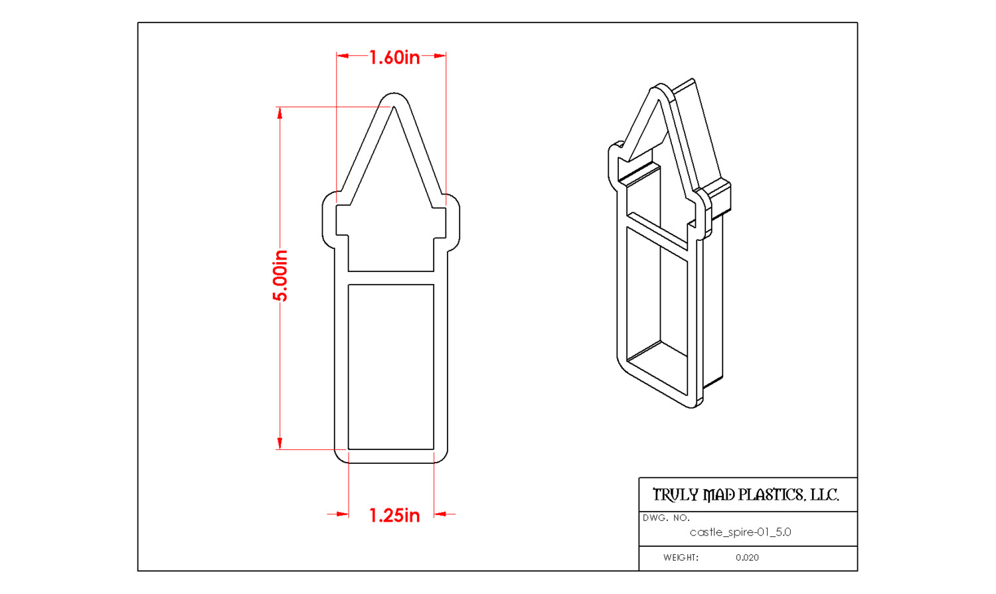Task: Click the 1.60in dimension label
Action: [x=394, y=58]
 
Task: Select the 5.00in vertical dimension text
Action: [x=280, y=275]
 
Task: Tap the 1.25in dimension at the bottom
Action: [x=394, y=516]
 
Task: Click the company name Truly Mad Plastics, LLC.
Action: [x=746, y=495]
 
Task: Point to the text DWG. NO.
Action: [x=666, y=518]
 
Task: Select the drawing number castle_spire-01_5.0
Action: [x=740, y=532]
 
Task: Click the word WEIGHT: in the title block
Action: [x=681, y=557]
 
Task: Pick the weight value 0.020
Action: [x=747, y=557]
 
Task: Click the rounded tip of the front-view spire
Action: [x=394, y=97]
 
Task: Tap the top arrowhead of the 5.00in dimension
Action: [x=280, y=113]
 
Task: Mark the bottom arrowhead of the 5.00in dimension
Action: [x=280, y=443]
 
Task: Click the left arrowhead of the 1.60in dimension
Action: [x=343, y=56]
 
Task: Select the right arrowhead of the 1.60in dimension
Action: [x=440, y=56]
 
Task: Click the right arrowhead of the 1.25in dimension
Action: [x=440, y=514]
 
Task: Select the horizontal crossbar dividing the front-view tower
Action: [x=391, y=278]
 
